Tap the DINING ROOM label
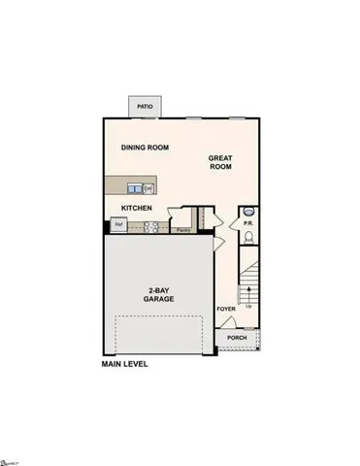click(x=146, y=148)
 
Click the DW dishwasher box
click(x=149, y=187)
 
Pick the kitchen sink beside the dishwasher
click(x=135, y=187)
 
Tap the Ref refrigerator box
click(x=118, y=225)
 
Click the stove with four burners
click(x=151, y=227)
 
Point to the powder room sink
click(x=248, y=211)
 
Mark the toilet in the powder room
click(x=248, y=235)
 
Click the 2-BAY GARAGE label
click(x=161, y=295)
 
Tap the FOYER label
click(x=226, y=311)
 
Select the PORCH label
click(x=237, y=339)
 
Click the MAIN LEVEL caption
click(x=129, y=365)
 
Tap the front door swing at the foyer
click(x=224, y=327)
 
